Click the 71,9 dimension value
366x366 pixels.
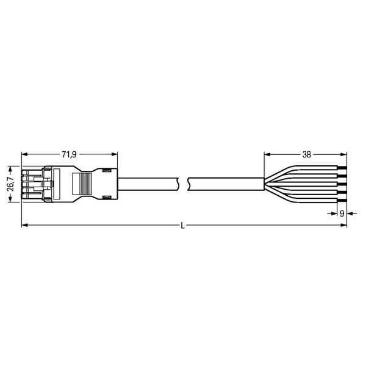pyautogui.click(x=69, y=154)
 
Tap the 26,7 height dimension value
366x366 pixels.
pyautogui.click(x=10, y=184)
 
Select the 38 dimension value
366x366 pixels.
pyautogui.click(x=306, y=154)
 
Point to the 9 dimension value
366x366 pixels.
pyautogui.click(x=342, y=213)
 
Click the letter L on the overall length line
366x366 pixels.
pyautogui.click(x=183, y=226)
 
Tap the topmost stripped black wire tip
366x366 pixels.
pyautogui.click(x=342, y=168)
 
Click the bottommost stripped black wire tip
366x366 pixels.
pyautogui.click(x=342, y=201)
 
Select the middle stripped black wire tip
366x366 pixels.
pyautogui.click(x=342, y=184)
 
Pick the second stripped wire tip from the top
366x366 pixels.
pyautogui.click(x=342, y=176)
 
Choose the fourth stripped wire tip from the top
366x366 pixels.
pyautogui.click(x=342, y=192)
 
